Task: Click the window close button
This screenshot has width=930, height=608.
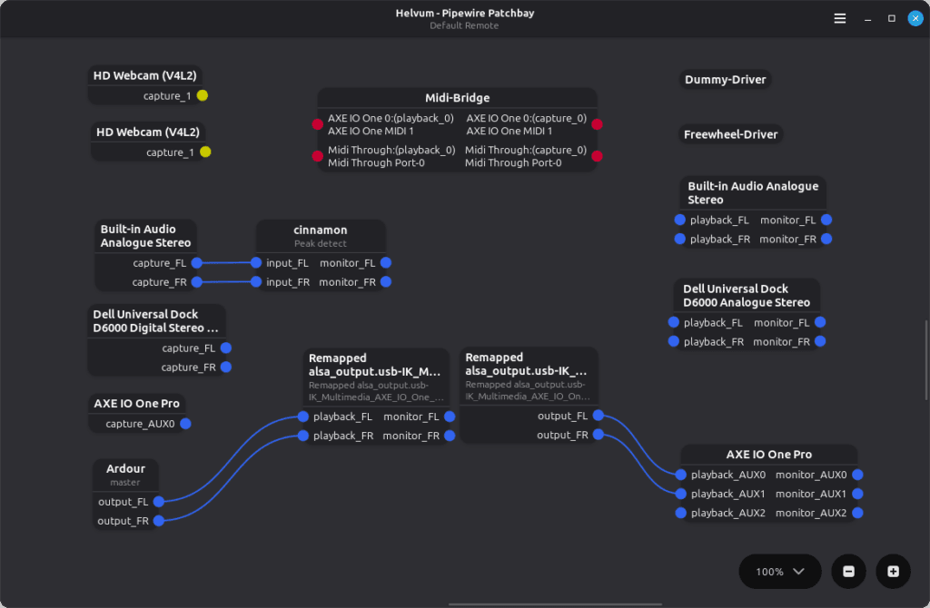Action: [x=915, y=18]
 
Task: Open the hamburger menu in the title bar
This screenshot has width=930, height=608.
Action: [x=840, y=18]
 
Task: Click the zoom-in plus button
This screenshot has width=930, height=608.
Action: [x=893, y=572]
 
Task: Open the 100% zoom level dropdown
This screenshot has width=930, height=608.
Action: [x=780, y=572]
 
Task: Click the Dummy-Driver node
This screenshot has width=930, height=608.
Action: [x=725, y=80]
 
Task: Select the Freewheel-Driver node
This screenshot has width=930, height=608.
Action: [x=730, y=134]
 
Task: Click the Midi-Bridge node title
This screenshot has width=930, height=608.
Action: [x=457, y=98]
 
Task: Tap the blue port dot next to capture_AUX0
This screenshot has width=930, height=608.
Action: [x=185, y=424]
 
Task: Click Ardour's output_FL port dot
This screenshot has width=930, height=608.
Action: [x=158, y=502]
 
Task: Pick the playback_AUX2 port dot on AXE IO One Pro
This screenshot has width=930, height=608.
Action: [x=680, y=514]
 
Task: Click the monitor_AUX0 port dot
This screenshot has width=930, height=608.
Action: [x=857, y=475]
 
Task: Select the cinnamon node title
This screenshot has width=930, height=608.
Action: [x=320, y=230]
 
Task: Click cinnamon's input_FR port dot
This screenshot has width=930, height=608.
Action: [x=257, y=282]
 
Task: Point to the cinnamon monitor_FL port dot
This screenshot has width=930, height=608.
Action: [x=386, y=263]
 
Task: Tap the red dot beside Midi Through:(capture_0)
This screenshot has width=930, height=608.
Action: [x=597, y=156]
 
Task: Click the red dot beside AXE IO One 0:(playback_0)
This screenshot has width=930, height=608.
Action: [x=317, y=124]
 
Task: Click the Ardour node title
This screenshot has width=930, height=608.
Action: [x=125, y=469]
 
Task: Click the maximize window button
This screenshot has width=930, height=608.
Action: [x=891, y=18]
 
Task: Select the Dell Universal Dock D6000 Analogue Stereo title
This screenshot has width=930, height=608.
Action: [x=746, y=296]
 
